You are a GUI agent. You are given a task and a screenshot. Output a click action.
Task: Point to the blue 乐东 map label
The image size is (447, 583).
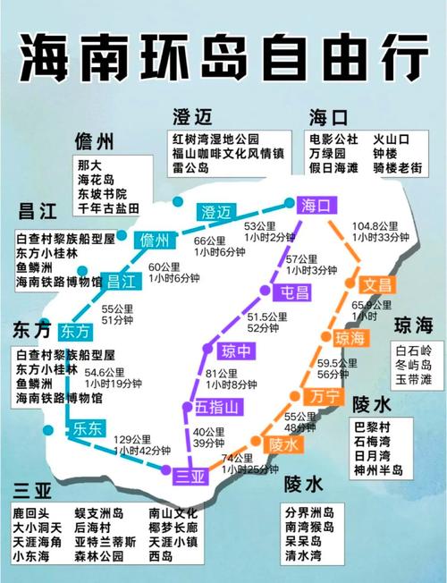pos(87,427)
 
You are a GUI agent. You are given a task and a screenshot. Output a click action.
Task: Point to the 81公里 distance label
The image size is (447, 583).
pos(221,374)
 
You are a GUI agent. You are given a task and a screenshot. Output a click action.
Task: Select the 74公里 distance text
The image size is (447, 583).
pos(236,458)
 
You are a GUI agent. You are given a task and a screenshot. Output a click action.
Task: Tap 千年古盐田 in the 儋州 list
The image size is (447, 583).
pos(108,207)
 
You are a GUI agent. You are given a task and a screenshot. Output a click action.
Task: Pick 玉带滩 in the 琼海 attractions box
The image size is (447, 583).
pos(414,379)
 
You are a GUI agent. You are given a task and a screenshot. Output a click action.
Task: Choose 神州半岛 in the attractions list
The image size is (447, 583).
pos(378,469)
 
